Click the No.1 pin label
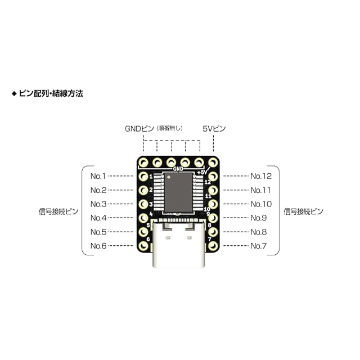[x=98, y=176]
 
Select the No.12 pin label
[x=261, y=176]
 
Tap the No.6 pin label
[x=98, y=246]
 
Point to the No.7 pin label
[x=259, y=246]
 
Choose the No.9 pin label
[x=259, y=218]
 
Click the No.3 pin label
[x=98, y=204]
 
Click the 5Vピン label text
[x=214, y=129]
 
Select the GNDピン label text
[x=139, y=129]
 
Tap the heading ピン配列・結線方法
[x=51, y=93]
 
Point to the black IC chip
[x=178, y=192]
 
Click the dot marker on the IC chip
[x=169, y=177]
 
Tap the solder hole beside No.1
[x=143, y=177]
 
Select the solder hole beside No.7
[x=213, y=246]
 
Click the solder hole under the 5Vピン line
[x=213, y=163]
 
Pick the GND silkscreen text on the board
[x=178, y=169]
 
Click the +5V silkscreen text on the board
[x=202, y=172]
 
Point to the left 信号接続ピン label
[x=58, y=211]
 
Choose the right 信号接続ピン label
[x=304, y=211]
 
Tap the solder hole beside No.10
[x=213, y=204]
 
